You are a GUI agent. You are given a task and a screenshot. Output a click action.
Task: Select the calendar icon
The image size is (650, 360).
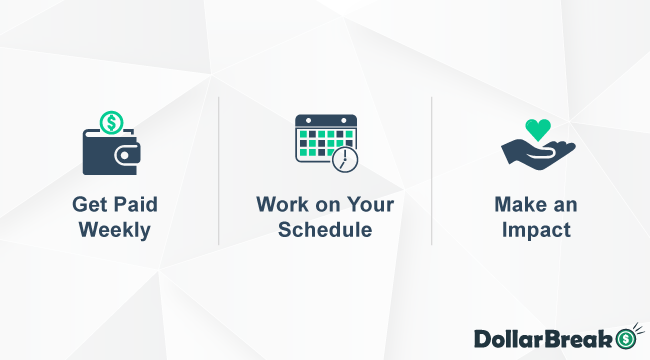pyautogui.click(x=323, y=139)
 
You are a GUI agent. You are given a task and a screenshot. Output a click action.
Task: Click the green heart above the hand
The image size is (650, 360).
pyautogui.click(x=538, y=129)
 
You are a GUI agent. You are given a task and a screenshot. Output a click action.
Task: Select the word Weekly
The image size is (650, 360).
pyautogui.click(x=114, y=229)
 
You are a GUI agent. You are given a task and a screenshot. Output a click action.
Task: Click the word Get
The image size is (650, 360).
pyautogui.click(x=88, y=205)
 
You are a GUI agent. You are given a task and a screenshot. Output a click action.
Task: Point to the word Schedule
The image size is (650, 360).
pyautogui.click(x=325, y=229)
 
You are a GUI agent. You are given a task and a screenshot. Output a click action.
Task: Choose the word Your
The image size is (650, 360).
pyautogui.click(x=371, y=205)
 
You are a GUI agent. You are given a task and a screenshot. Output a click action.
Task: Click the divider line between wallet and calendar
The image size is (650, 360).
pyautogui.click(x=219, y=170)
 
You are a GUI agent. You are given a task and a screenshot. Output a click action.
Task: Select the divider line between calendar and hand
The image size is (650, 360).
pyautogui.click(x=432, y=170)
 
